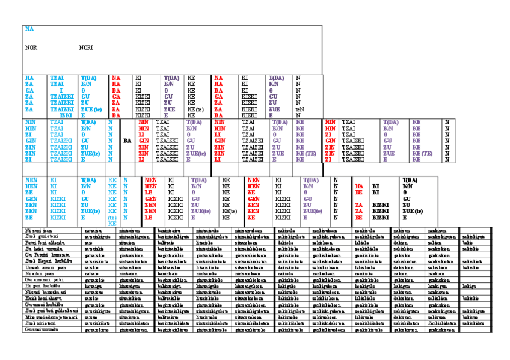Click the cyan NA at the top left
pos(29,28)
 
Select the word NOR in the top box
pos(31,47)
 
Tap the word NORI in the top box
pos(85,47)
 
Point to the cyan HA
pos(29,78)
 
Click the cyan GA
pos(29,90)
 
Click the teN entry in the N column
pos(300,109)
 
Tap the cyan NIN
pos(30,122)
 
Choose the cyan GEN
pos(31,198)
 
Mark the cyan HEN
pos(31,186)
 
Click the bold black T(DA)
pos(410,180)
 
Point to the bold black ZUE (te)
pos(413,211)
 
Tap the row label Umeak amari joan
pos(41,267)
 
